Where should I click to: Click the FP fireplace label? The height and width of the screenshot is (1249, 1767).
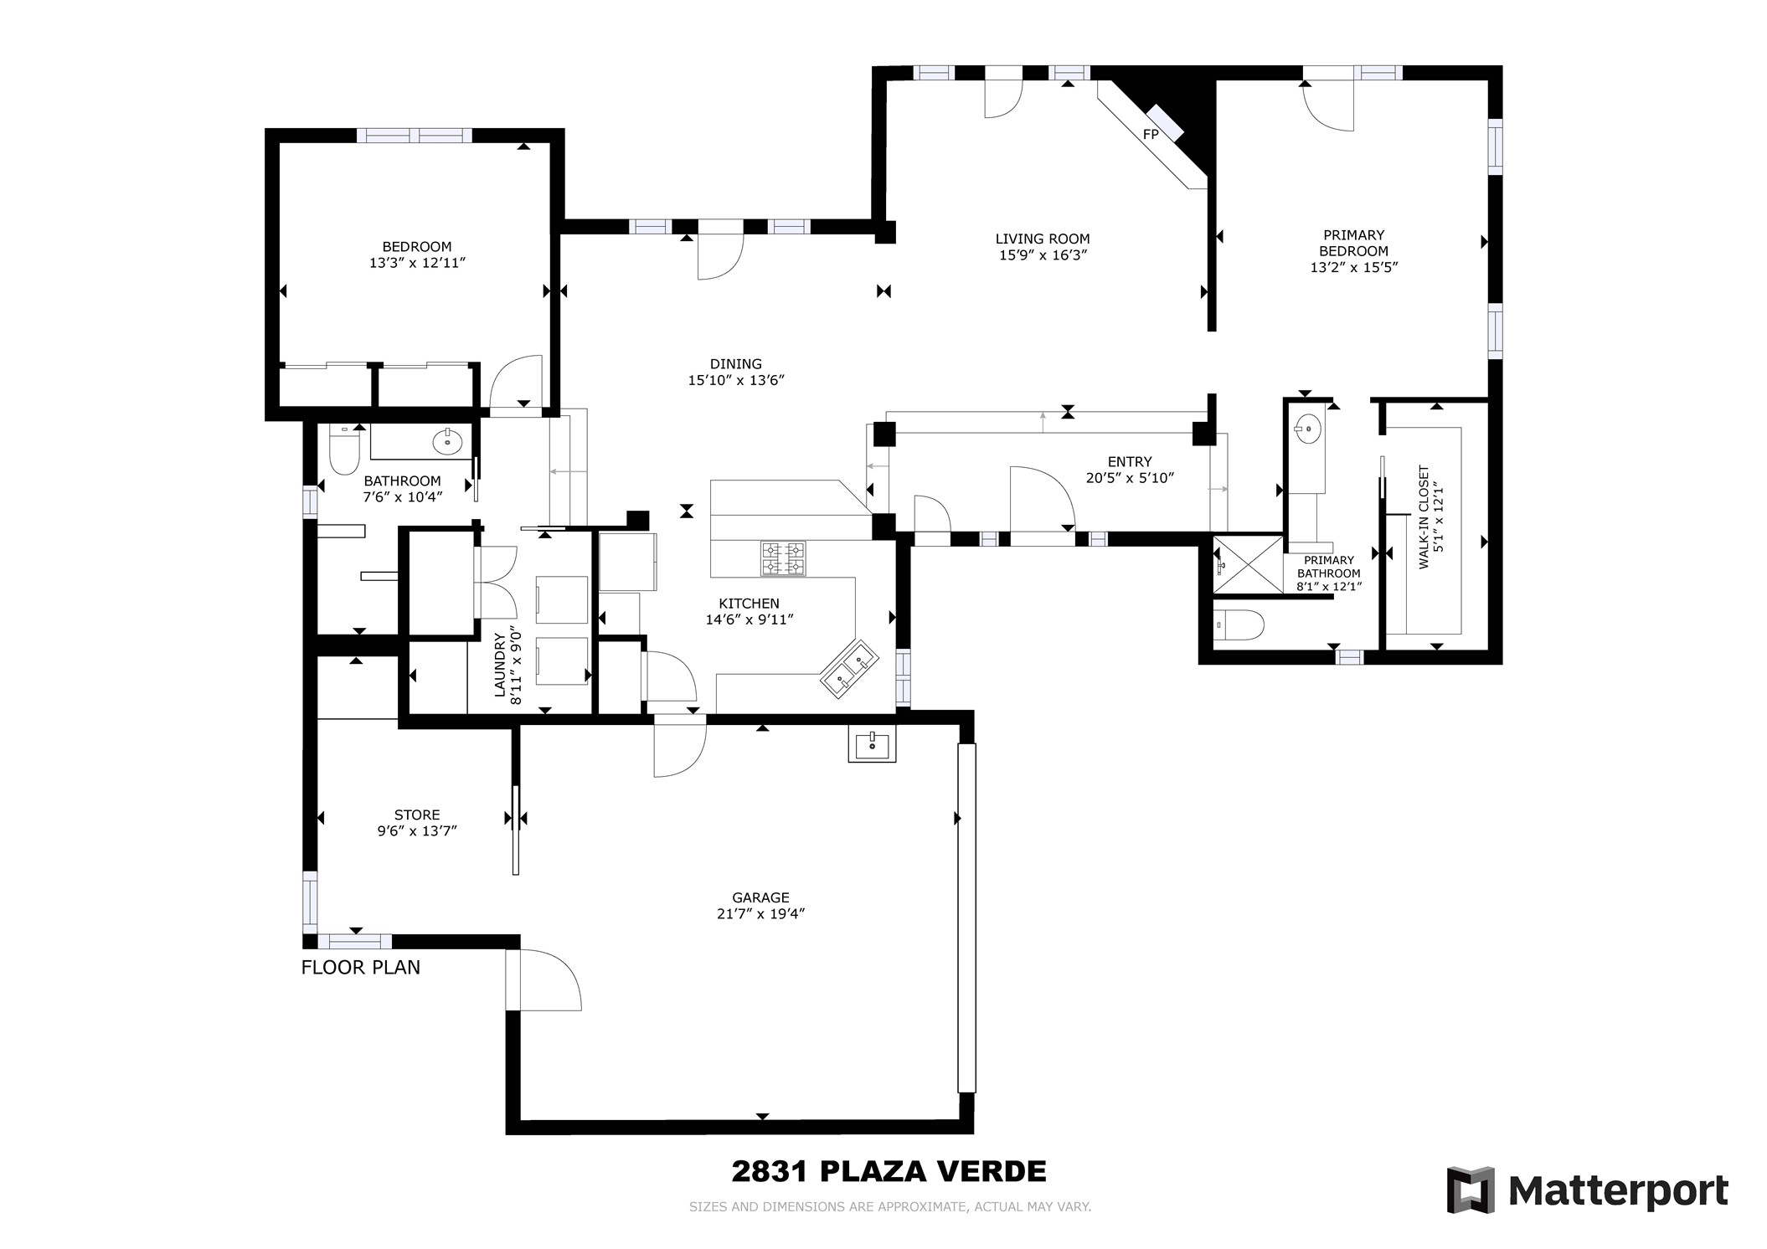click(1151, 134)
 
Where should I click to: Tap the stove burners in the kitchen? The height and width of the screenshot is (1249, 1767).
click(783, 558)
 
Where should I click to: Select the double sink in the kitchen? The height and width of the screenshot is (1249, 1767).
click(848, 669)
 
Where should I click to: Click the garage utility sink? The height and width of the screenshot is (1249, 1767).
click(872, 743)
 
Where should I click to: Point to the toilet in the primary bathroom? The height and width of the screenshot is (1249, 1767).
click(1238, 625)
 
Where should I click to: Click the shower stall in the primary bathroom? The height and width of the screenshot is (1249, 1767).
click(1248, 565)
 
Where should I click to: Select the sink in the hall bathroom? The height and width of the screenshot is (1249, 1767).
click(448, 440)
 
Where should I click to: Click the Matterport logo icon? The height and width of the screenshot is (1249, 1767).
click(1471, 1190)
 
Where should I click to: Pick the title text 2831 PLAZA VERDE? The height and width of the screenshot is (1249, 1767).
click(889, 1171)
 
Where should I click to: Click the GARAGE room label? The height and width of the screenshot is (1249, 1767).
click(760, 897)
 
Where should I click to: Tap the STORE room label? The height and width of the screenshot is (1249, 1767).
click(417, 815)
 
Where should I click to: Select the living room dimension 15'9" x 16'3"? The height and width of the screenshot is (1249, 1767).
click(1043, 255)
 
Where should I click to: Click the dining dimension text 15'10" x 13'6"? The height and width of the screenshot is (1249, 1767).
click(736, 380)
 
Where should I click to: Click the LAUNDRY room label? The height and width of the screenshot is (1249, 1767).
click(500, 666)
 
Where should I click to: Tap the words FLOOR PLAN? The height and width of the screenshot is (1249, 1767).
click(361, 968)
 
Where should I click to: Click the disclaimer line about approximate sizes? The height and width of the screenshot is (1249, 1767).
click(890, 1207)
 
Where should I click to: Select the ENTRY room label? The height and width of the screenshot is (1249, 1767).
click(1130, 461)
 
